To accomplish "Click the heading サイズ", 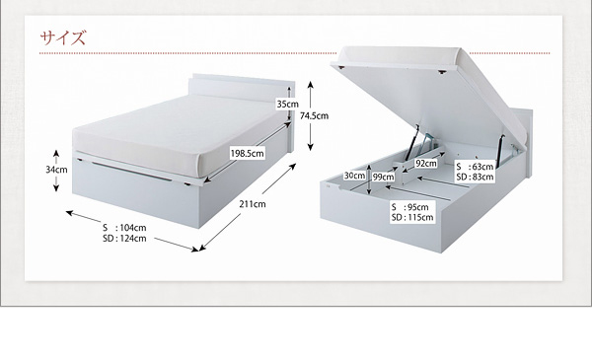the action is (63, 37).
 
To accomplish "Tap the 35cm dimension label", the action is (287, 104).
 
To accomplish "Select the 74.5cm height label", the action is (314, 115).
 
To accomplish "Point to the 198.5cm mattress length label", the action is (248, 153).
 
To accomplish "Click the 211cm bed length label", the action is (253, 204).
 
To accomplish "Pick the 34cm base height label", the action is (56, 170).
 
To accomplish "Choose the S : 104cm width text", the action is (124, 228).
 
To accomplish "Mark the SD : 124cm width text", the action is (124, 238).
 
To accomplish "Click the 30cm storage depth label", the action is (354, 176).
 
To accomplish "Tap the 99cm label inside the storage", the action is (383, 177).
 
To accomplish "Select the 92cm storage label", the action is (426, 164).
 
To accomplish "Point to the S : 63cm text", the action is (475, 167).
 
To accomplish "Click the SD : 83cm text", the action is (475, 177).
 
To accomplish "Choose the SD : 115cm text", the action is (412, 217).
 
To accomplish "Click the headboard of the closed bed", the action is (242, 88).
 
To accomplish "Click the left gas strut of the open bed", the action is (412, 142).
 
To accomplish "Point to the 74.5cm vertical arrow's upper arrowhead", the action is (311, 84).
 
